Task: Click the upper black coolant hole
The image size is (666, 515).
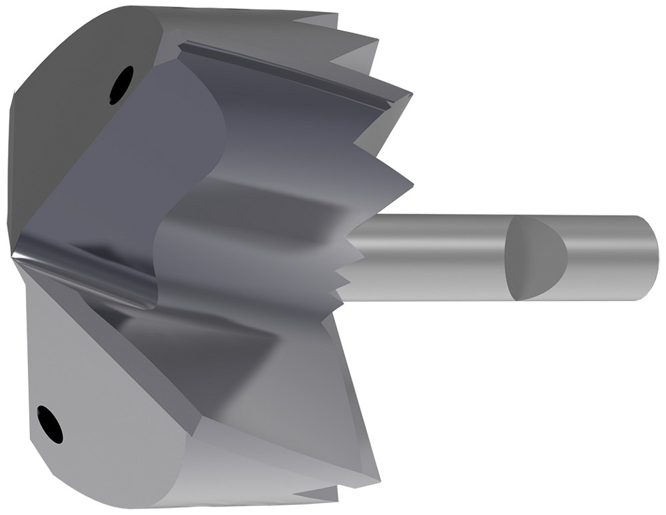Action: [x=121, y=84]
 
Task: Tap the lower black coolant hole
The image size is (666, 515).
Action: [x=51, y=424]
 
